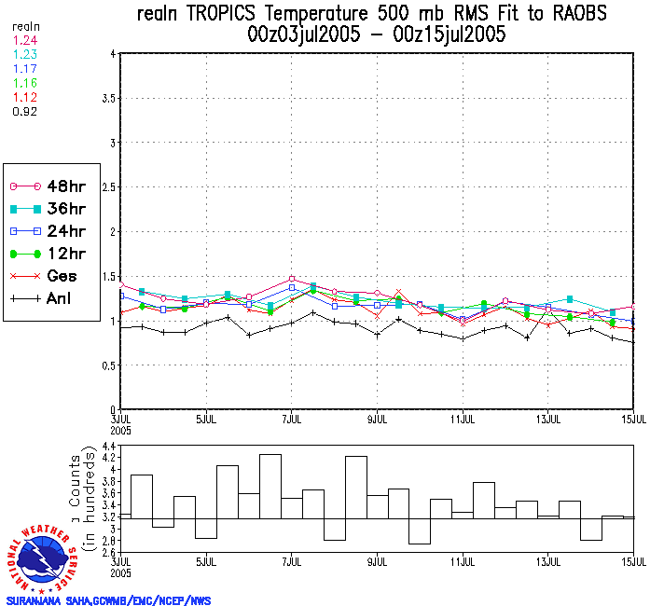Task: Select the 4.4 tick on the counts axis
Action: pyautogui.click(x=107, y=448)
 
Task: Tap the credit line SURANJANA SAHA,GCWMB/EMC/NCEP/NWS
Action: pyautogui.click(x=107, y=600)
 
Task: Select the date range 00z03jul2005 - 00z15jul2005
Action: pyautogui.click(x=370, y=35)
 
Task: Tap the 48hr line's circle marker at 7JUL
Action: pyautogui.click(x=292, y=278)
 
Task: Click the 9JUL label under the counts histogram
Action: pyautogui.click(x=378, y=562)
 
